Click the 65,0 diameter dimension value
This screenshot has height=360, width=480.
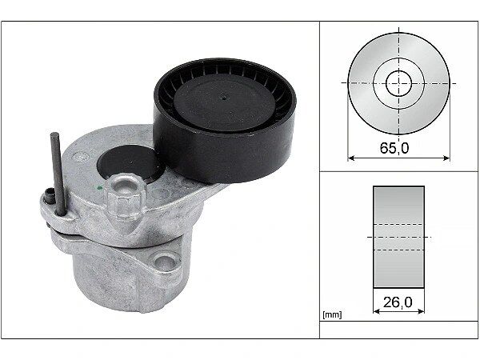pos(394,148)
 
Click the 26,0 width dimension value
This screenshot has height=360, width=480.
pos(398,302)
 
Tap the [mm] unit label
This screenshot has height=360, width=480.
pos(332,314)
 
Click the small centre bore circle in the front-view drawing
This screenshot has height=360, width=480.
pos(398,83)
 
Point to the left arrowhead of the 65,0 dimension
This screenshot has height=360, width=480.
pos(351,158)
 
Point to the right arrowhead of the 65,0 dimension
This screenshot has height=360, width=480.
pos(446,158)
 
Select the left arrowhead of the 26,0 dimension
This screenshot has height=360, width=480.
pos(377,311)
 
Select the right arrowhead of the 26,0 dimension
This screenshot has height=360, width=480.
pos(422,311)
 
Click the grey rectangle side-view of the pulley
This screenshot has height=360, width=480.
pos(398,237)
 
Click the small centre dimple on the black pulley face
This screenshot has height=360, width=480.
pos(224,98)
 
